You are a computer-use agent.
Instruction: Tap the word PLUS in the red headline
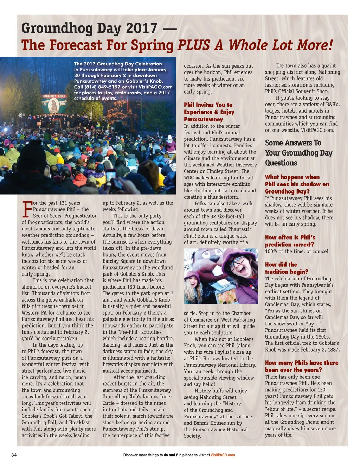pyautogui.click(x=194, y=45)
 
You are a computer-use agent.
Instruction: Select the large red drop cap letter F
pyautogui.click(x=27, y=209)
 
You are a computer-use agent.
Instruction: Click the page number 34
pyautogui.click(x=14, y=455)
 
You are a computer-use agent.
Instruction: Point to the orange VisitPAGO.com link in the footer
pyautogui.click(x=223, y=455)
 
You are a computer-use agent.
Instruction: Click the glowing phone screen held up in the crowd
pyautogui.click(x=111, y=175)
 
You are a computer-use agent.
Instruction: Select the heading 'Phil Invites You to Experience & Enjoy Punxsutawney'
pyautogui.click(x=209, y=112)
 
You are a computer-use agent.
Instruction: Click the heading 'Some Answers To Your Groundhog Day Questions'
pyautogui.click(x=298, y=153)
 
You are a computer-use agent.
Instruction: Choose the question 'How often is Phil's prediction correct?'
pyautogui.click(x=290, y=241)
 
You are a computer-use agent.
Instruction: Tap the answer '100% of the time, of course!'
pyautogui.click(x=296, y=251)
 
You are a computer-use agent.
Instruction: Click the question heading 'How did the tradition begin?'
pyautogui.click(x=286, y=268)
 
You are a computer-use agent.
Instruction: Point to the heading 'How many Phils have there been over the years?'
pyautogui.click(x=301, y=366)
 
